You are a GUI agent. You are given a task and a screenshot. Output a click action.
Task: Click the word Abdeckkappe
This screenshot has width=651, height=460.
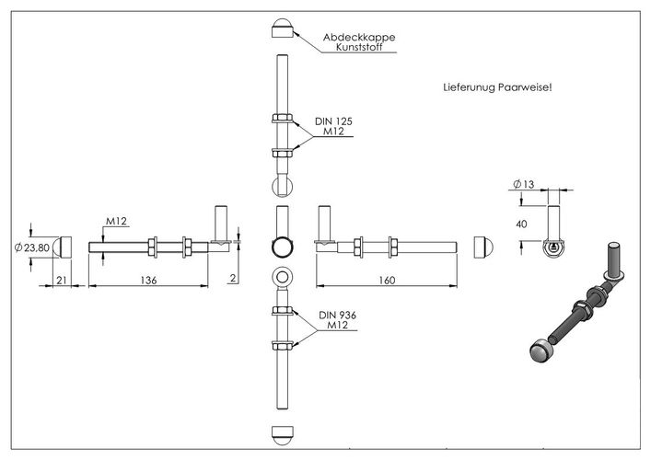coord(359,38)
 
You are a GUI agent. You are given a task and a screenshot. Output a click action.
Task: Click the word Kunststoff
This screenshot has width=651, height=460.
coord(359,47)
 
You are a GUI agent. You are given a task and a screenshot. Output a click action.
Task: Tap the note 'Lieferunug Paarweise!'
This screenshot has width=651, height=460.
coord(497,87)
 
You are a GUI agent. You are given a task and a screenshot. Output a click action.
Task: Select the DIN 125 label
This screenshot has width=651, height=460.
coord(333,121)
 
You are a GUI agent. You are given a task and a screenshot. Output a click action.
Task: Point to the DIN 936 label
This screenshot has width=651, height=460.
coord(337,316)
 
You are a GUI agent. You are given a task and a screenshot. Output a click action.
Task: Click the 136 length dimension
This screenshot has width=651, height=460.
coord(148,281)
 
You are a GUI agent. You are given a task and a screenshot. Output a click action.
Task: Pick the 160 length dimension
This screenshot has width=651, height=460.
coord(387,281)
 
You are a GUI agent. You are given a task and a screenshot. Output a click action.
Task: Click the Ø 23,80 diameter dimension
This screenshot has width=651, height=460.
coord(31,248)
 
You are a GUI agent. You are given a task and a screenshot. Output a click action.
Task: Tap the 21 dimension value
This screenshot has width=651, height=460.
coord(62,281)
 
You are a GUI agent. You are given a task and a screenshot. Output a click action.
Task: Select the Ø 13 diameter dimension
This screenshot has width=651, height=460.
coord(524,184)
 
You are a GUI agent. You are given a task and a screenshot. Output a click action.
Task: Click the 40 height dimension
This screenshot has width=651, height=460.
coord(521,224)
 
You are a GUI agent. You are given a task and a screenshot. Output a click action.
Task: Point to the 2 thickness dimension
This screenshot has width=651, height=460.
coord(233,278)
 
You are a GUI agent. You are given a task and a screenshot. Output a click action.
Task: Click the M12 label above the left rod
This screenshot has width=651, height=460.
coord(116,221)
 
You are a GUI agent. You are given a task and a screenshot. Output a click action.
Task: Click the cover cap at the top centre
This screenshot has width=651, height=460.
coord(283,29)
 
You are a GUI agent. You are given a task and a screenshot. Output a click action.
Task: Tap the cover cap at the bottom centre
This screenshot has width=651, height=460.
coord(283,435)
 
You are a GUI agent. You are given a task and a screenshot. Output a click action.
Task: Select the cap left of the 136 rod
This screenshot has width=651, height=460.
coord(63,247)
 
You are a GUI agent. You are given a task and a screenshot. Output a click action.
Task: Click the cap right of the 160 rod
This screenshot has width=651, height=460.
coord(483,247)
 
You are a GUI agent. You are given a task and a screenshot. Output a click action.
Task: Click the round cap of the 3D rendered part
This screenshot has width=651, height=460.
coord(540,350)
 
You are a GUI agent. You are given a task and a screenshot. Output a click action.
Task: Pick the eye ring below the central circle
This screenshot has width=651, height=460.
coord(283,277)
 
